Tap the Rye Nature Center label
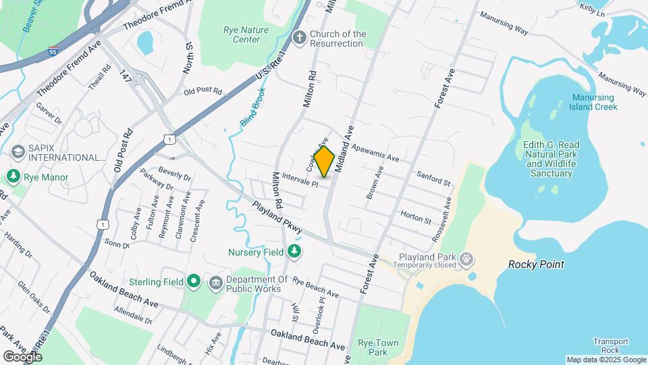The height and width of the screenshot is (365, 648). tap(246, 34)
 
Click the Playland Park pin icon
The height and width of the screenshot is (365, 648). tap(466, 259)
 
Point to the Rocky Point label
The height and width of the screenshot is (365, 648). tap(536, 265)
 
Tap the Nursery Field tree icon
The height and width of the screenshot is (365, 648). tap(294, 252)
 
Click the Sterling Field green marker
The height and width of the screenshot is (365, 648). tap(194, 281)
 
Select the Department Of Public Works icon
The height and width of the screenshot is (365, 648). tap(216, 281)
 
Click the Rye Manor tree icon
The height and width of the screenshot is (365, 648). tap(13, 176)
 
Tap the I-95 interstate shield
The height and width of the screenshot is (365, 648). tap(53, 51)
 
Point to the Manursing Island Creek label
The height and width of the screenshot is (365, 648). tap(593, 102)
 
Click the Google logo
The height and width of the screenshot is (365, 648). tap(22, 356)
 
